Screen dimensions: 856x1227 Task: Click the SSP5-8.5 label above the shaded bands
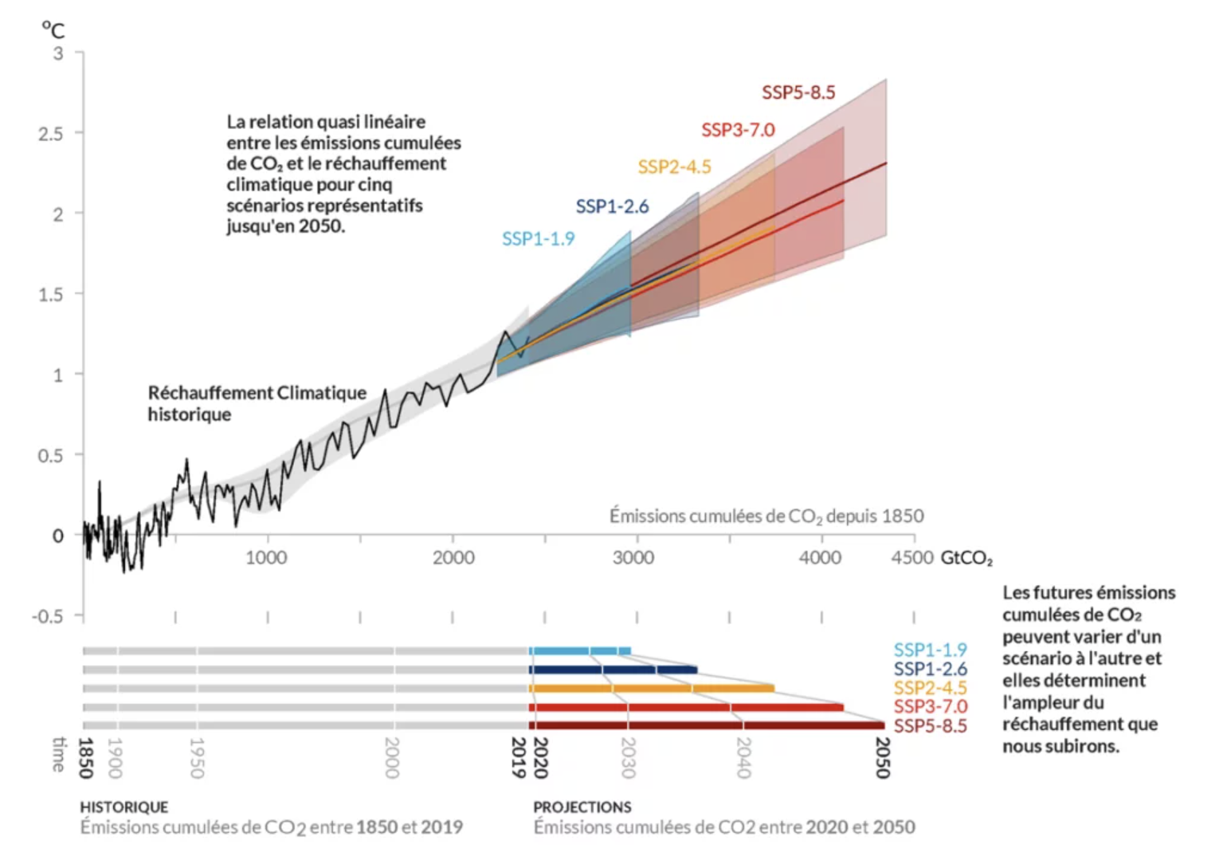798,92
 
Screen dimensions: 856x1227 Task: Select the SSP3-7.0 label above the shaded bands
738,130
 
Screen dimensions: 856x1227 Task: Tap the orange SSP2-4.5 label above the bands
674,167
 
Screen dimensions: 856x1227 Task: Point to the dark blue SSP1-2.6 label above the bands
612,206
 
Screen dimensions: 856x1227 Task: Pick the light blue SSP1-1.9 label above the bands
538,238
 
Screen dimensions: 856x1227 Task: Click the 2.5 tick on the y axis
51,133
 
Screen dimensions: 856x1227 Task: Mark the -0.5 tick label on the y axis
48,616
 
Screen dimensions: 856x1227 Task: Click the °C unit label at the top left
53,30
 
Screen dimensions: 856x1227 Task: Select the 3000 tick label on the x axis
633,557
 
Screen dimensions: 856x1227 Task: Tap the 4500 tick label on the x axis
912,557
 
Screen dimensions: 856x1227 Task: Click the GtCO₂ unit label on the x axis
966,557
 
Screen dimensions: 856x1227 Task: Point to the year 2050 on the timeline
883,757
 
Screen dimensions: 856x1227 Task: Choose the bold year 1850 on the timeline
86,757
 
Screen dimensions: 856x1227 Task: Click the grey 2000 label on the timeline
392,757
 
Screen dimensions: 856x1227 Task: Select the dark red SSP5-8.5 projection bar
707,725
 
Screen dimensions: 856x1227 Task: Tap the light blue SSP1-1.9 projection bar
580,651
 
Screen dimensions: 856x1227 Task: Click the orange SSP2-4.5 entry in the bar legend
930,688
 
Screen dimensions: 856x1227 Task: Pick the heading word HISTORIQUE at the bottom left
124,807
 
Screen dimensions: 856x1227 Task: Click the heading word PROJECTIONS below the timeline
582,807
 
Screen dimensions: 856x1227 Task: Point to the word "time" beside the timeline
58,754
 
